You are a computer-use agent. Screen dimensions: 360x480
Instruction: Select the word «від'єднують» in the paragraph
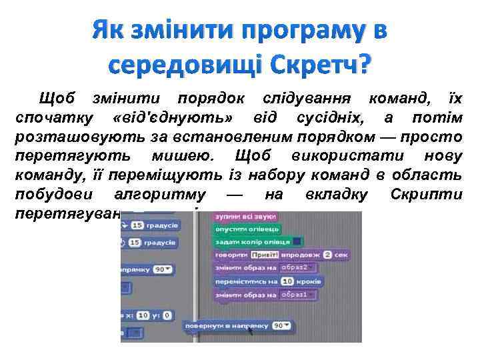click(173, 119)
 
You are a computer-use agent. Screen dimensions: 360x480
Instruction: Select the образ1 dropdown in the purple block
click(297, 295)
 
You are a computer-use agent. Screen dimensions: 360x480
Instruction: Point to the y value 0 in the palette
click(167, 315)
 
